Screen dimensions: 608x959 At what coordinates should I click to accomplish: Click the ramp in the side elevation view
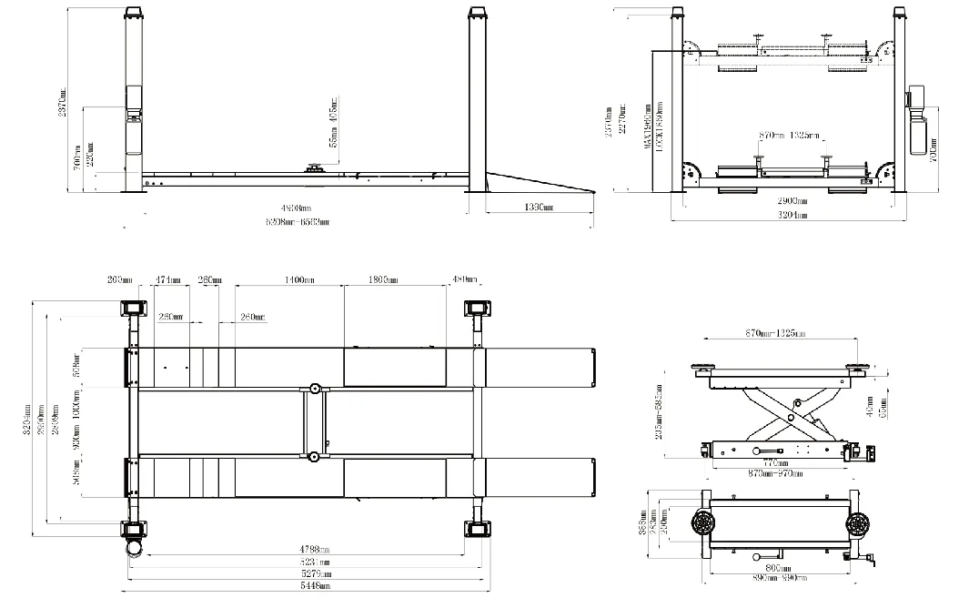(537, 182)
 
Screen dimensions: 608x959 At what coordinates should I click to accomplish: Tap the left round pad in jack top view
(703, 524)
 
